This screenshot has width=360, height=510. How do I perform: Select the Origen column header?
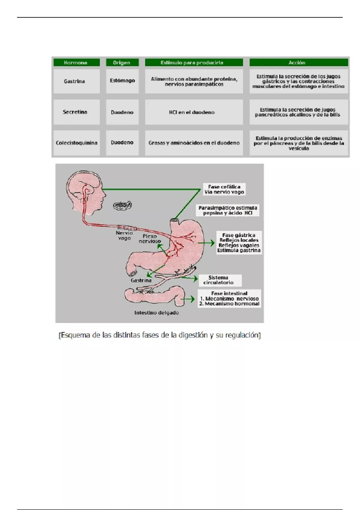point(122,62)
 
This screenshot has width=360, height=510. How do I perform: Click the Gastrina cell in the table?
point(75,81)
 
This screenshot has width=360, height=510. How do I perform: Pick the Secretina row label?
point(75,112)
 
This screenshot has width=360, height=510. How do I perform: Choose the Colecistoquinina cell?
point(76,143)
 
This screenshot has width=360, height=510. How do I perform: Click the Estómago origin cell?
point(122,81)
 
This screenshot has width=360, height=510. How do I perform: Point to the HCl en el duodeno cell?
point(192,112)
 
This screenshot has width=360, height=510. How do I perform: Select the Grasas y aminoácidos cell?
point(194,143)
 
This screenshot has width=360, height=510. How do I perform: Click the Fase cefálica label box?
point(224,189)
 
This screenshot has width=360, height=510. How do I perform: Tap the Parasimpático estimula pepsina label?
point(228,210)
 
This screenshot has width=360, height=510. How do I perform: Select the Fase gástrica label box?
point(239,243)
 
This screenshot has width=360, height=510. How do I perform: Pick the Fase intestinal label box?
point(229,298)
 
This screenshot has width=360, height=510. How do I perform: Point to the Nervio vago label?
point(124,235)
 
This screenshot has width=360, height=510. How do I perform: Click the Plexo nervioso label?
point(150,238)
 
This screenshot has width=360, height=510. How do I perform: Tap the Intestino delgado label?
point(157,313)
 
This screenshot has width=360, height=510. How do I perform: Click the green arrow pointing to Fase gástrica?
point(208,243)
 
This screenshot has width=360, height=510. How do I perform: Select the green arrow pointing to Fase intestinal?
point(189,299)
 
